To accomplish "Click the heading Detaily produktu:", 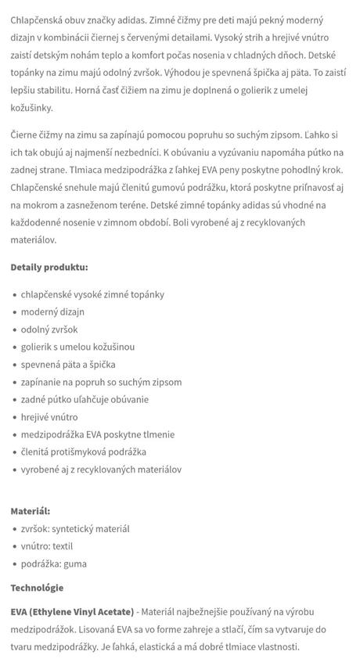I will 49,267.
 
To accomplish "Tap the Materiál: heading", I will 30,511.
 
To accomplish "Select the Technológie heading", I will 37,588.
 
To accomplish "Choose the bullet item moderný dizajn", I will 52,311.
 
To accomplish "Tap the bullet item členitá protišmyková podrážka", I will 84,452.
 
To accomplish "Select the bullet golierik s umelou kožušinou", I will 78,347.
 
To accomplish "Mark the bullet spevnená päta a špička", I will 71,364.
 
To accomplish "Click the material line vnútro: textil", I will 47,546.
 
